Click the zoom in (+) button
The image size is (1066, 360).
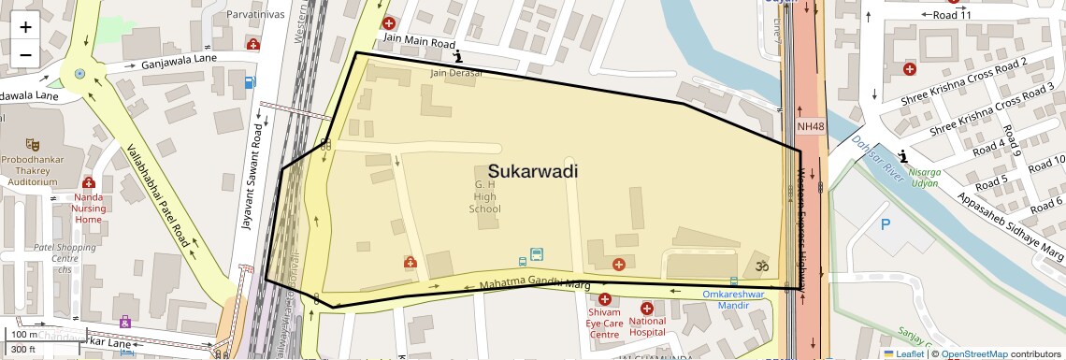[25, 26]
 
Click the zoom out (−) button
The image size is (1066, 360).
[25, 54]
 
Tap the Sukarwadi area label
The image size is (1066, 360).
[532, 172]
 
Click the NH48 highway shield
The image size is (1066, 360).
[811, 126]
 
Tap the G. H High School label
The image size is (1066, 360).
[485, 195]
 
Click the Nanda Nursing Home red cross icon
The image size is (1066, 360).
[89, 183]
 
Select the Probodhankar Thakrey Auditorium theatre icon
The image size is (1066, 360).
[33, 145]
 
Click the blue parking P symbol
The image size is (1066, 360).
[886, 224]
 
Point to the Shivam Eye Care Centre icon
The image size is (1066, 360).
[605, 300]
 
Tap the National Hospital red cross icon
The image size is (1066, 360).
[647, 309]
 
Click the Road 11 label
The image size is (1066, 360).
[952, 15]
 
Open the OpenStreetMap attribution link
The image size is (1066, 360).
[973, 353]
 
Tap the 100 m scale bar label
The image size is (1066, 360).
[24, 335]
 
